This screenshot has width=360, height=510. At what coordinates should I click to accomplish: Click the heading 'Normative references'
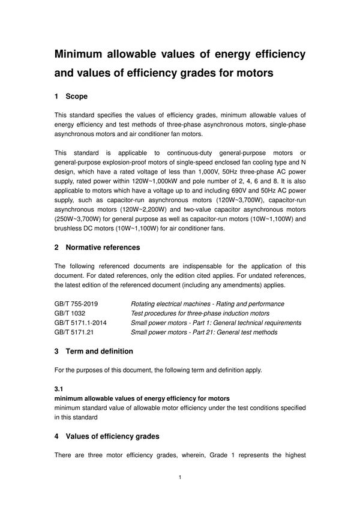coord(103,247)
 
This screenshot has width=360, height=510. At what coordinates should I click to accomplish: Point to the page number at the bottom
coord(180,478)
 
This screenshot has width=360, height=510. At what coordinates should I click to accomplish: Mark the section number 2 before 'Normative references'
coord(57,247)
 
